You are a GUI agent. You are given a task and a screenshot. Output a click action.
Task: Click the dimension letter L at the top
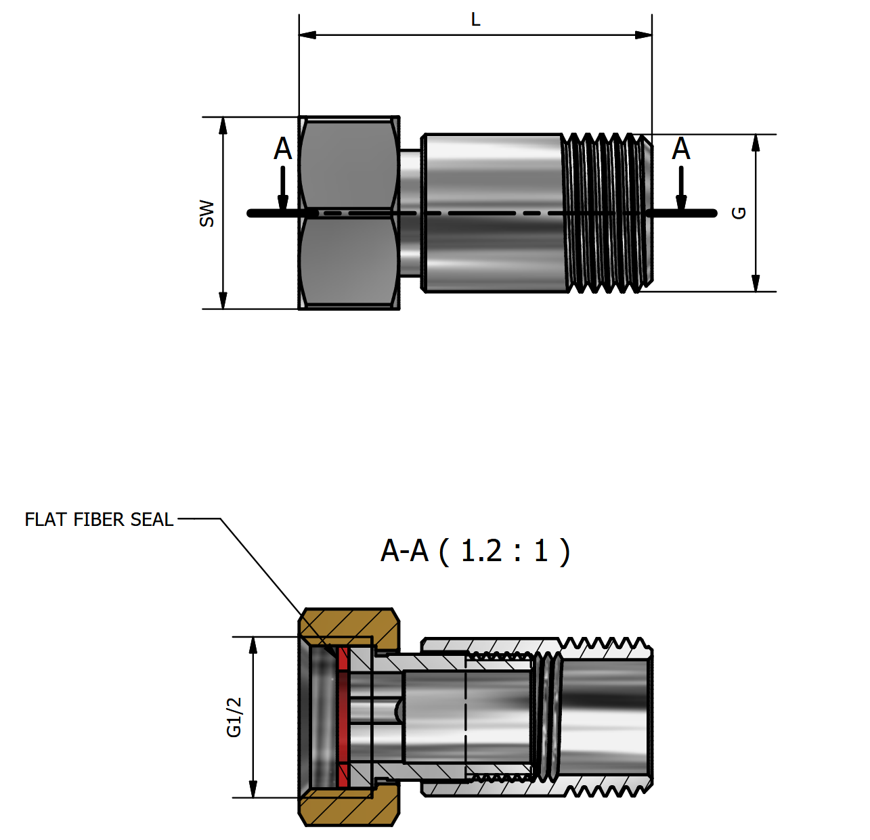tap(475, 20)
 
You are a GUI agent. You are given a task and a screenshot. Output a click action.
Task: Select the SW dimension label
tap(206, 213)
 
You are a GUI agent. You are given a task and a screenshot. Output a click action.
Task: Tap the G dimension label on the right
tap(739, 213)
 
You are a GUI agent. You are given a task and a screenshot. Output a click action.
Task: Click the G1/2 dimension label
tap(234, 717)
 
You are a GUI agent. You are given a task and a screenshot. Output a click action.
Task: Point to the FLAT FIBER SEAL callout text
tap(99, 520)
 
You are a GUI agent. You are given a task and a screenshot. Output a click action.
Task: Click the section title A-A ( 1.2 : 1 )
tap(475, 551)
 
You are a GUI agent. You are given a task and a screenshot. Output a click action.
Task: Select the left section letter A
tap(282, 149)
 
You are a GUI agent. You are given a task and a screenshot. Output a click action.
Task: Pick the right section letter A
tap(680, 149)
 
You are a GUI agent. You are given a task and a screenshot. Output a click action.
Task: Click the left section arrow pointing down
tap(283, 196)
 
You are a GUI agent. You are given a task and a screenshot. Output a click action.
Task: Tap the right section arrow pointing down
tap(681, 196)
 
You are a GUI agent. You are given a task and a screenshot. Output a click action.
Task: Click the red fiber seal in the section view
tap(343, 717)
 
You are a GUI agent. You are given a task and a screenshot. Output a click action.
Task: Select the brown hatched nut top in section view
tap(349, 624)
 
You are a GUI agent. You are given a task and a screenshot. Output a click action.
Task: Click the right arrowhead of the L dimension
tap(644, 35)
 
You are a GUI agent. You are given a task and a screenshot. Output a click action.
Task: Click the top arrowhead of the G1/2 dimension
tap(253, 645)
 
